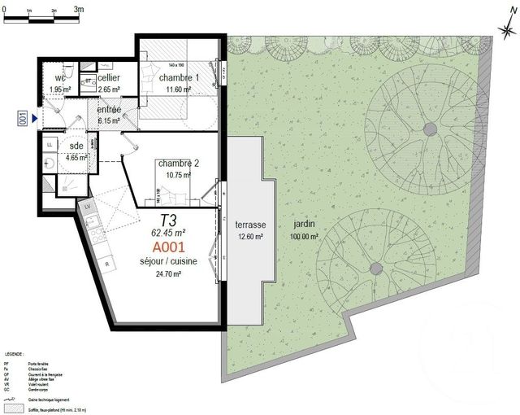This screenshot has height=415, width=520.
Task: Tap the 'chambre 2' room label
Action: point(178,163)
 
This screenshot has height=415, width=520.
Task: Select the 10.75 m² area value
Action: point(178,174)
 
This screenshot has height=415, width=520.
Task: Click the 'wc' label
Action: point(59,78)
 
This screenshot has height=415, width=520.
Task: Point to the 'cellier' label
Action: point(109,78)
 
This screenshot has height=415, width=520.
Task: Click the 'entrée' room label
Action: point(109,110)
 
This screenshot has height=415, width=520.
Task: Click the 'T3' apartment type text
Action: point(168,219)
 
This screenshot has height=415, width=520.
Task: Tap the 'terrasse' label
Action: point(245,225)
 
